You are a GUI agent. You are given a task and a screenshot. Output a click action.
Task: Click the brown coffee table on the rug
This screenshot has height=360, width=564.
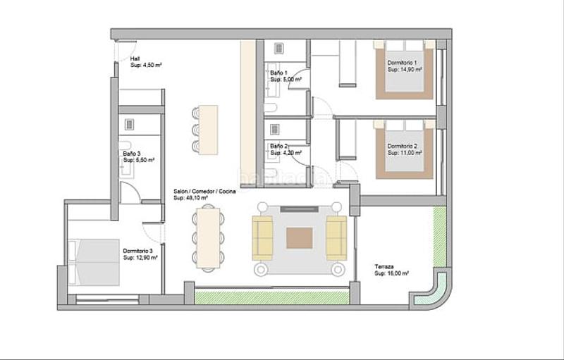(300, 238)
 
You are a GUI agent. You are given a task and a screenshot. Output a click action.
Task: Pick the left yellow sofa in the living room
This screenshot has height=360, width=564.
(262, 238)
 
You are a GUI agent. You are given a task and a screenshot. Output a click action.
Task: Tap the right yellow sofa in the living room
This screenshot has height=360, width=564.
(336, 238)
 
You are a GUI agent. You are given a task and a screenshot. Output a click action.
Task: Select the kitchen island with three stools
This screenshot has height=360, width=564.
(208, 130)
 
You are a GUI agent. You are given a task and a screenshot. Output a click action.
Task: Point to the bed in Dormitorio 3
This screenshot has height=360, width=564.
(93, 262)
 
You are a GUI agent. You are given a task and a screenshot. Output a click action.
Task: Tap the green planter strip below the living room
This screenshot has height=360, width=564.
(271, 298)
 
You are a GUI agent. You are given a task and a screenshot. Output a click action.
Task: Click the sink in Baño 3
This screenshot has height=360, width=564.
(129, 124)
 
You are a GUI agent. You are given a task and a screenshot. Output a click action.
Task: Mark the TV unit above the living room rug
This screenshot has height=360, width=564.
(300, 209)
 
